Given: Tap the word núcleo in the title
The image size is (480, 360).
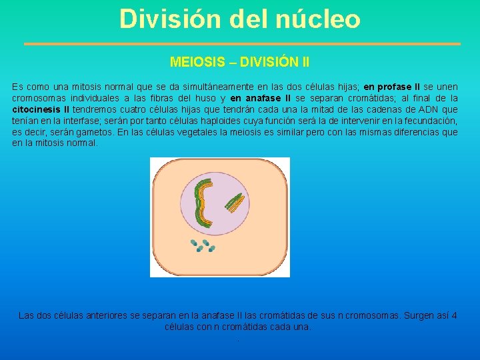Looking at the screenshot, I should tap(317, 19).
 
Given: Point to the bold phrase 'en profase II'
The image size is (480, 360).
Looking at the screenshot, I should tap(391, 87).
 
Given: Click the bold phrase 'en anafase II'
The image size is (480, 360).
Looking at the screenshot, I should tap(261, 98).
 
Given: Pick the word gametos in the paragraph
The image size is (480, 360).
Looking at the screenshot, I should tap(96, 132).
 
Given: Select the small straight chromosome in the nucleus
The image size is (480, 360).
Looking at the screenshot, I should tap(234, 203).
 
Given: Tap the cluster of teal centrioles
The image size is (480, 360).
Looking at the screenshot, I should tap(204, 246).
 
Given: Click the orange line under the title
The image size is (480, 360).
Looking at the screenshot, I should tap(242, 44).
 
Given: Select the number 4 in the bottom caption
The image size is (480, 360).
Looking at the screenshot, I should tap(454, 315).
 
